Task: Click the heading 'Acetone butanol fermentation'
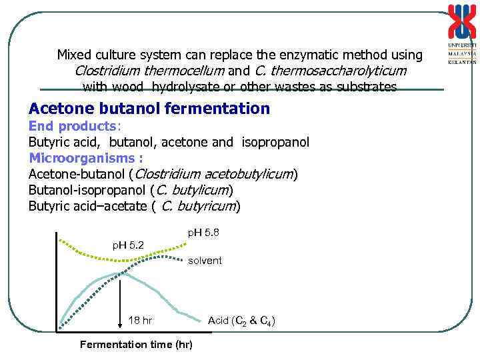(x=149, y=109)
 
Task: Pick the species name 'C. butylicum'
(x=191, y=190)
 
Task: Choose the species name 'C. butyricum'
(x=199, y=206)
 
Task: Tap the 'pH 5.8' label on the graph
(x=203, y=232)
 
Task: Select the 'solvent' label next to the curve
(x=205, y=261)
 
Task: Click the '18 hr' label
(x=140, y=321)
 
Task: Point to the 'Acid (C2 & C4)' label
(x=241, y=321)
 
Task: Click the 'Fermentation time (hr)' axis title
(x=135, y=344)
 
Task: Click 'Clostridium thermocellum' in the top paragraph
(x=152, y=71)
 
